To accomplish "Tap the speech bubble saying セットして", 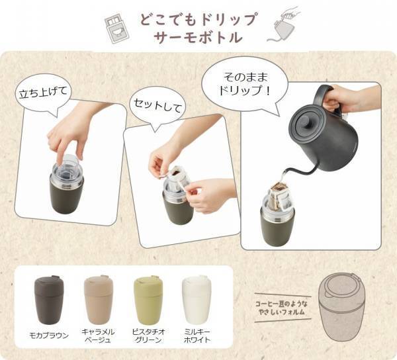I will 157,104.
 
